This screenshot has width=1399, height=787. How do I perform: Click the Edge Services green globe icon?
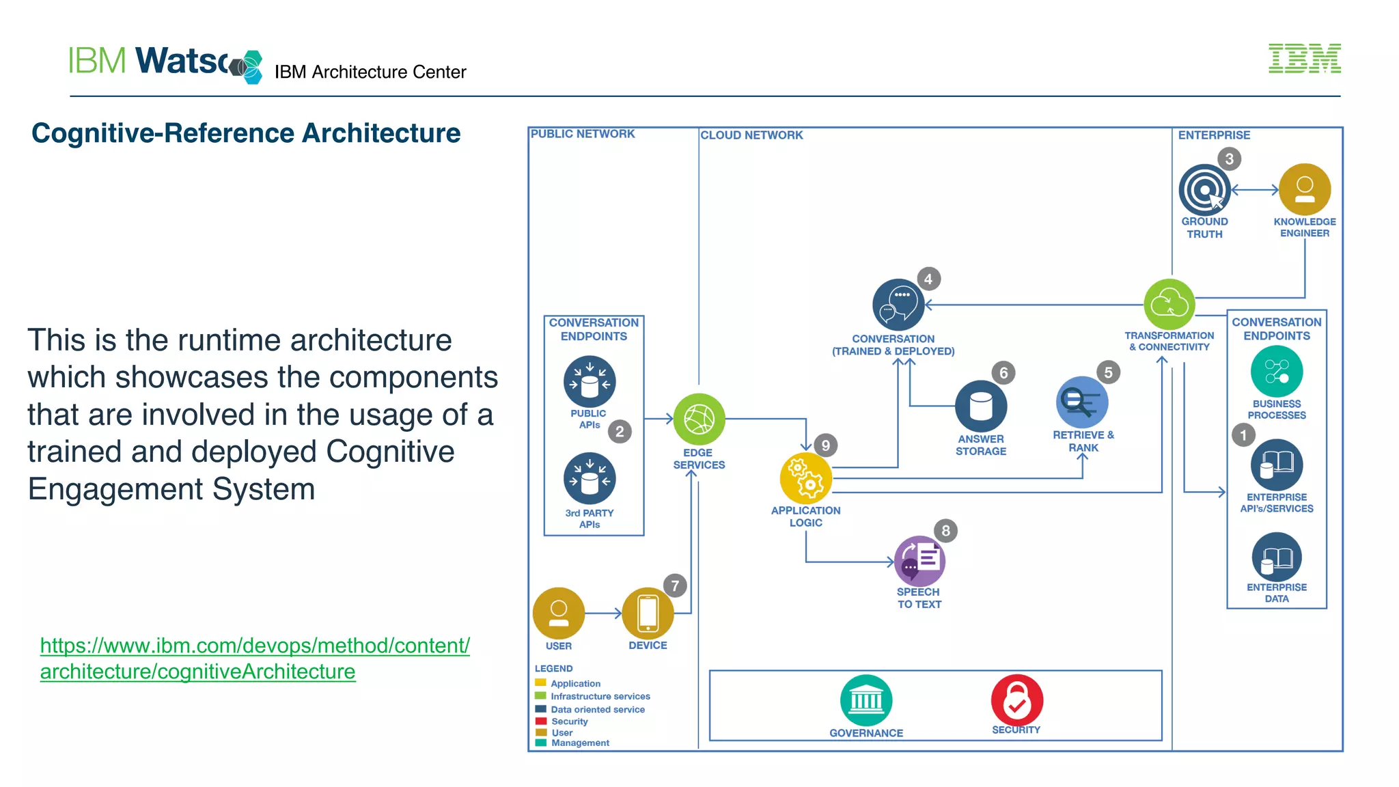(x=699, y=419)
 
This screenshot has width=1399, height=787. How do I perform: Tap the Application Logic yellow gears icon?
(x=805, y=478)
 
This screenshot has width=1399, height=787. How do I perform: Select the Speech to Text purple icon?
(x=919, y=561)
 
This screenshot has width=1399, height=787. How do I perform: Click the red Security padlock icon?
(x=1016, y=700)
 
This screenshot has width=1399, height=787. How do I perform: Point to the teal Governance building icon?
(x=865, y=700)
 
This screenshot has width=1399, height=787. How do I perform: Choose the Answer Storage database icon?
(x=980, y=406)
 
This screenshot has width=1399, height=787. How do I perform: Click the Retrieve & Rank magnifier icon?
(x=1081, y=402)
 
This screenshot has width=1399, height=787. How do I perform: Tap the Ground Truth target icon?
(x=1204, y=190)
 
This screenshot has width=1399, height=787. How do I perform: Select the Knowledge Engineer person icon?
(x=1304, y=189)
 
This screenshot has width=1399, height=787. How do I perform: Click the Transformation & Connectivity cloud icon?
(x=1169, y=304)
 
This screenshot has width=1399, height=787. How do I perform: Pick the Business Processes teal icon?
(x=1276, y=372)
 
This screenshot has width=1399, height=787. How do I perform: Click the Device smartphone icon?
(x=648, y=613)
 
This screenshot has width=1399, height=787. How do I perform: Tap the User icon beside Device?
(x=558, y=613)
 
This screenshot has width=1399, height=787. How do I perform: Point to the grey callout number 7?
(x=675, y=585)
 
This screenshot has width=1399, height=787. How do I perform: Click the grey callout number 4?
(x=928, y=279)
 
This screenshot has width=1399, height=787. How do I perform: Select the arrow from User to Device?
(x=603, y=613)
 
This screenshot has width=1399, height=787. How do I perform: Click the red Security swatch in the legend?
(x=541, y=721)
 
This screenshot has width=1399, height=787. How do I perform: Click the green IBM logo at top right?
(x=1304, y=59)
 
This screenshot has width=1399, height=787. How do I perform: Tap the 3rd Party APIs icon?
(x=589, y=478)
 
